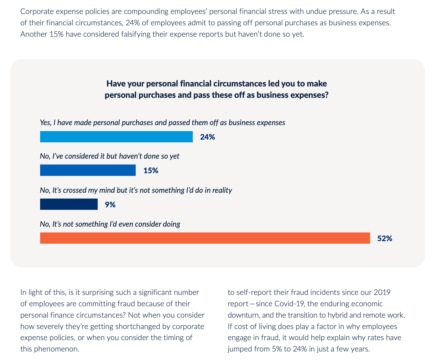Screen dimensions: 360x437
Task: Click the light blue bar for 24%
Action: coord(116,137)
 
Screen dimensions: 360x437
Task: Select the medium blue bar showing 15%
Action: coord(88,170)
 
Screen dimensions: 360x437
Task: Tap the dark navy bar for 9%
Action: coord(69,204)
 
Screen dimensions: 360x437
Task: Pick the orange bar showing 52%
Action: coord(205,238)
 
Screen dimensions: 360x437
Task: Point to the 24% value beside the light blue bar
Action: coord(207,137)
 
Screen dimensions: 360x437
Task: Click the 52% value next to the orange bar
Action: coord(385,238)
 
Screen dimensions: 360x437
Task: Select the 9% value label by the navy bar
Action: coord(110,205)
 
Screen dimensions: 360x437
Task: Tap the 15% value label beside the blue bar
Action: coord(151,171)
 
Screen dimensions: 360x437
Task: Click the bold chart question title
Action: coord(217,89)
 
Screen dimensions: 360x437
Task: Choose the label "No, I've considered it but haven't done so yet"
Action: coord(110,156)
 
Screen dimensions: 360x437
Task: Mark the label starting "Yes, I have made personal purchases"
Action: coord(162,123)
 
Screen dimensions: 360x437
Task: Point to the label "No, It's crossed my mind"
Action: coord(136,190)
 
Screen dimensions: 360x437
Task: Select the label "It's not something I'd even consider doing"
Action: coord(110,224)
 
